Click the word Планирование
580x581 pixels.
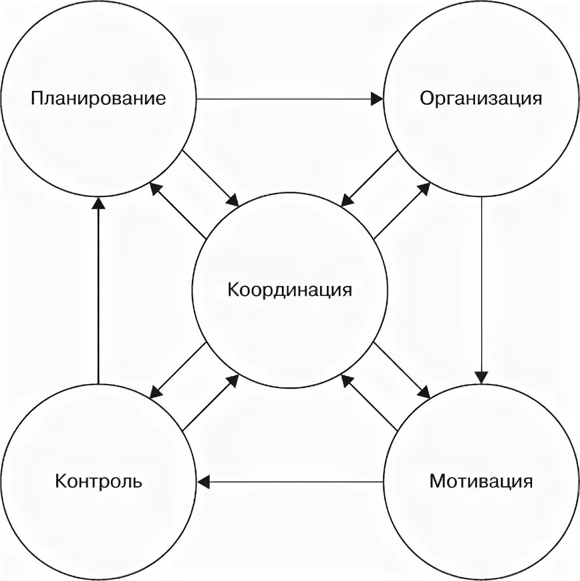[98, 100]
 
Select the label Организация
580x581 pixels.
[480, 99]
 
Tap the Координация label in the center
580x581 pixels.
[289, 290]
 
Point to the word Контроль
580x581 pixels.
[99, 481]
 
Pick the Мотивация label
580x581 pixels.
[481, 481]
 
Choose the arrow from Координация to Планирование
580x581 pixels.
[178, 210]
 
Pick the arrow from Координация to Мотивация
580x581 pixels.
[402, 371]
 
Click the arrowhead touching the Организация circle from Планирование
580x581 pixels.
[378, 100]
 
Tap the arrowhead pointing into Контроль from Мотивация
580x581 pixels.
[202, 480]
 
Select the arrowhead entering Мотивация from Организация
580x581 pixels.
[482, 377]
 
